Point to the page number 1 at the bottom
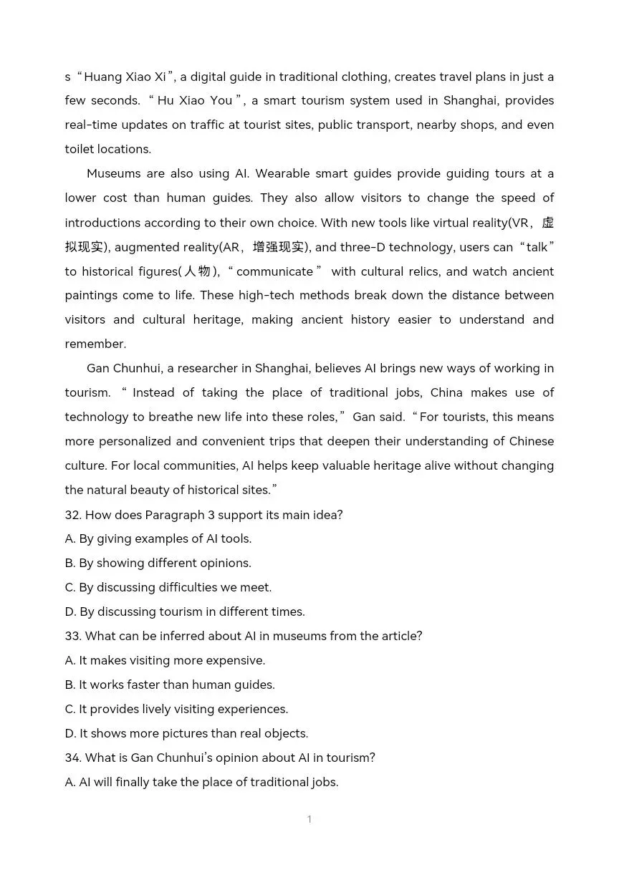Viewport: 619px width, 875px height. [x=309, y=819]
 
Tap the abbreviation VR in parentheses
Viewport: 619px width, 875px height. [x=519, y=223]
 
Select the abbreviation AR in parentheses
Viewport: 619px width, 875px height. [x=231, y=247]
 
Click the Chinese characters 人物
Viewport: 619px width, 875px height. [x=198, y=271]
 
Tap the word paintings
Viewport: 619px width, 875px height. [x=94, y=296]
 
